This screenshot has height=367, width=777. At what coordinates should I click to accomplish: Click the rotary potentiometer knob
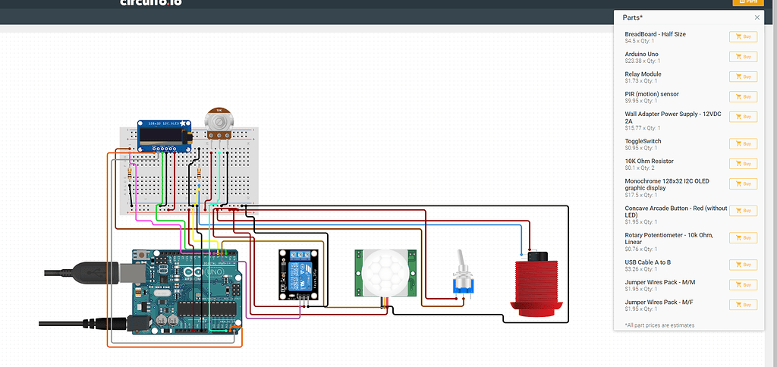click(219, 120)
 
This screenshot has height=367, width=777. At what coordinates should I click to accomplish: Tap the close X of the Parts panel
click(757, 17)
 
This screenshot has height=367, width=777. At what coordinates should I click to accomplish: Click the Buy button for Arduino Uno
click(743, 57)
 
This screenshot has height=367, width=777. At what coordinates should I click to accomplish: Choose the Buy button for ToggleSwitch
click(743, 144)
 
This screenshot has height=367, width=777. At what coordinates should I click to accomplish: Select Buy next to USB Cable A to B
click(743, 265)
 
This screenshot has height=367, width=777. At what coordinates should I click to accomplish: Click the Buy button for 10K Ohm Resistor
click(743, 164)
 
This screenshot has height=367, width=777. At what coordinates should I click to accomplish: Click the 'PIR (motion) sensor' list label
click(651, 94)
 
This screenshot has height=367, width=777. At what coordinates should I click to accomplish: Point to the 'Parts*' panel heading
click(633, 17)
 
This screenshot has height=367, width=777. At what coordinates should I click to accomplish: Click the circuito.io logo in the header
click(151, 2)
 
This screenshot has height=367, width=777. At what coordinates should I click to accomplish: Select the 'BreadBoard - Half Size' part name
click(655, 34)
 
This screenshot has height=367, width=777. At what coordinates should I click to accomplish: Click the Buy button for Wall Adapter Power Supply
click(743, 117)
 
